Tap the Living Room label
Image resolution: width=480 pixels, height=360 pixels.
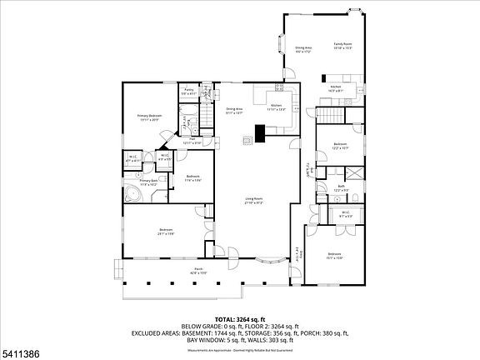(x=254, y=199)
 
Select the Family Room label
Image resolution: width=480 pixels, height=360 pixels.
(x=343, y=46)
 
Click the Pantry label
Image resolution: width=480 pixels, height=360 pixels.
(x=189, y=89)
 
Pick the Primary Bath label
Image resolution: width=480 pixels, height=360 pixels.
(x=147, y=181)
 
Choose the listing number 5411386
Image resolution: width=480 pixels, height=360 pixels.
(x=22, y=353)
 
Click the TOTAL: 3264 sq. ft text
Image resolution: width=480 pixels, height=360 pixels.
(x=239, y=319)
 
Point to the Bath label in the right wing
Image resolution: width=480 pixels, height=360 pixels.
(x=342, y=187)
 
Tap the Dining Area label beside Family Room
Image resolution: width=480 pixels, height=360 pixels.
(x=303, y=49)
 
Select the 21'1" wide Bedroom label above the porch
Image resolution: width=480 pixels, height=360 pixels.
(x=166, y=231)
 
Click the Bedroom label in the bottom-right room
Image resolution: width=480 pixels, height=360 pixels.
(x=334, y=255)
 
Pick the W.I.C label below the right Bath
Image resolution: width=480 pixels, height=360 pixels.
(x=346, y=213)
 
